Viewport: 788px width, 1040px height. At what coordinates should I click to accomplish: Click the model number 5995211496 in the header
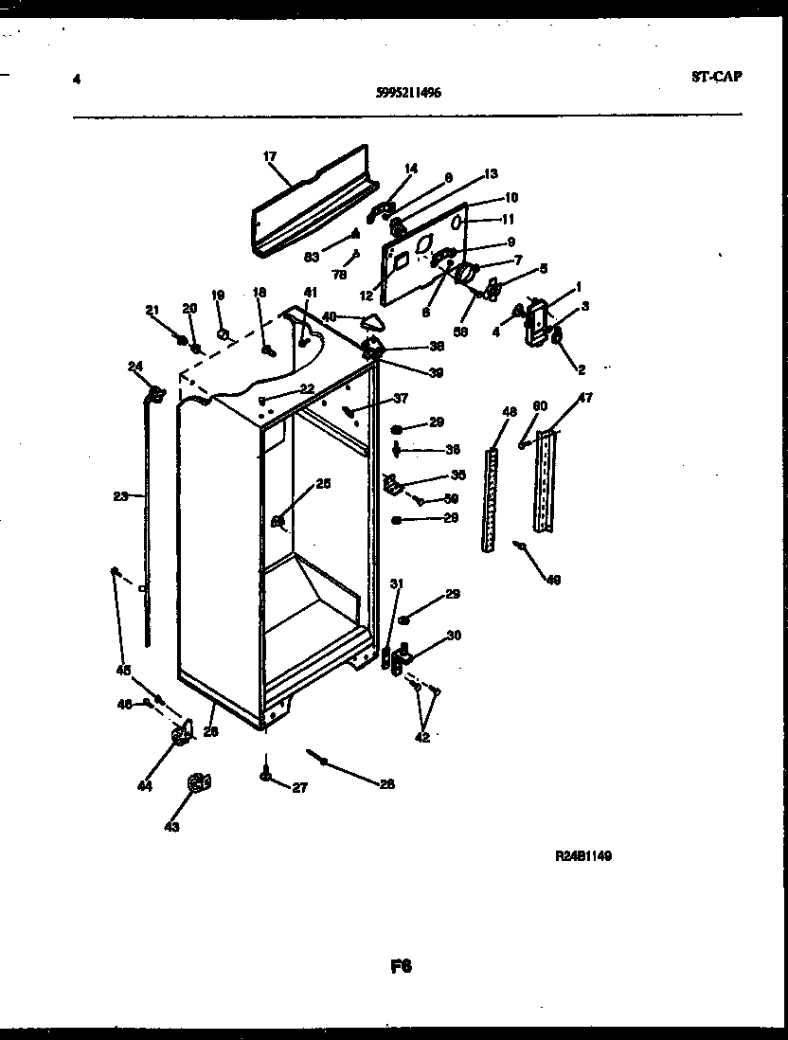coord(407,93)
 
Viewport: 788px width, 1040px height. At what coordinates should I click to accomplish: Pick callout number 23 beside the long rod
coord(119,494)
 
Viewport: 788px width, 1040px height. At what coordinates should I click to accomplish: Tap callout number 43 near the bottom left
coord(170,826)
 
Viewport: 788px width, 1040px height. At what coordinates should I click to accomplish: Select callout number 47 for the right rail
coord(585,398)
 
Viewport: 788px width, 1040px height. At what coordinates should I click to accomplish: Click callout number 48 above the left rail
coord(510,412)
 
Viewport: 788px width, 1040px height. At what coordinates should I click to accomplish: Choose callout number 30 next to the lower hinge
coord(453,635)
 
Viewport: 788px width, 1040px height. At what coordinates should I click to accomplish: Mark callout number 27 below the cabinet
coord(299,785)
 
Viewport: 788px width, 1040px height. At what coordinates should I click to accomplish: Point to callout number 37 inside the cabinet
coord(401,398)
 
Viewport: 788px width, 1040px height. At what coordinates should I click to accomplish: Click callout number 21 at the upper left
coord(152,310)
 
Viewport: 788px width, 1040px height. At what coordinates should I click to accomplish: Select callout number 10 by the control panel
coord(511,198)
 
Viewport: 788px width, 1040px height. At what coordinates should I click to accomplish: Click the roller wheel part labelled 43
coord(198,782)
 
